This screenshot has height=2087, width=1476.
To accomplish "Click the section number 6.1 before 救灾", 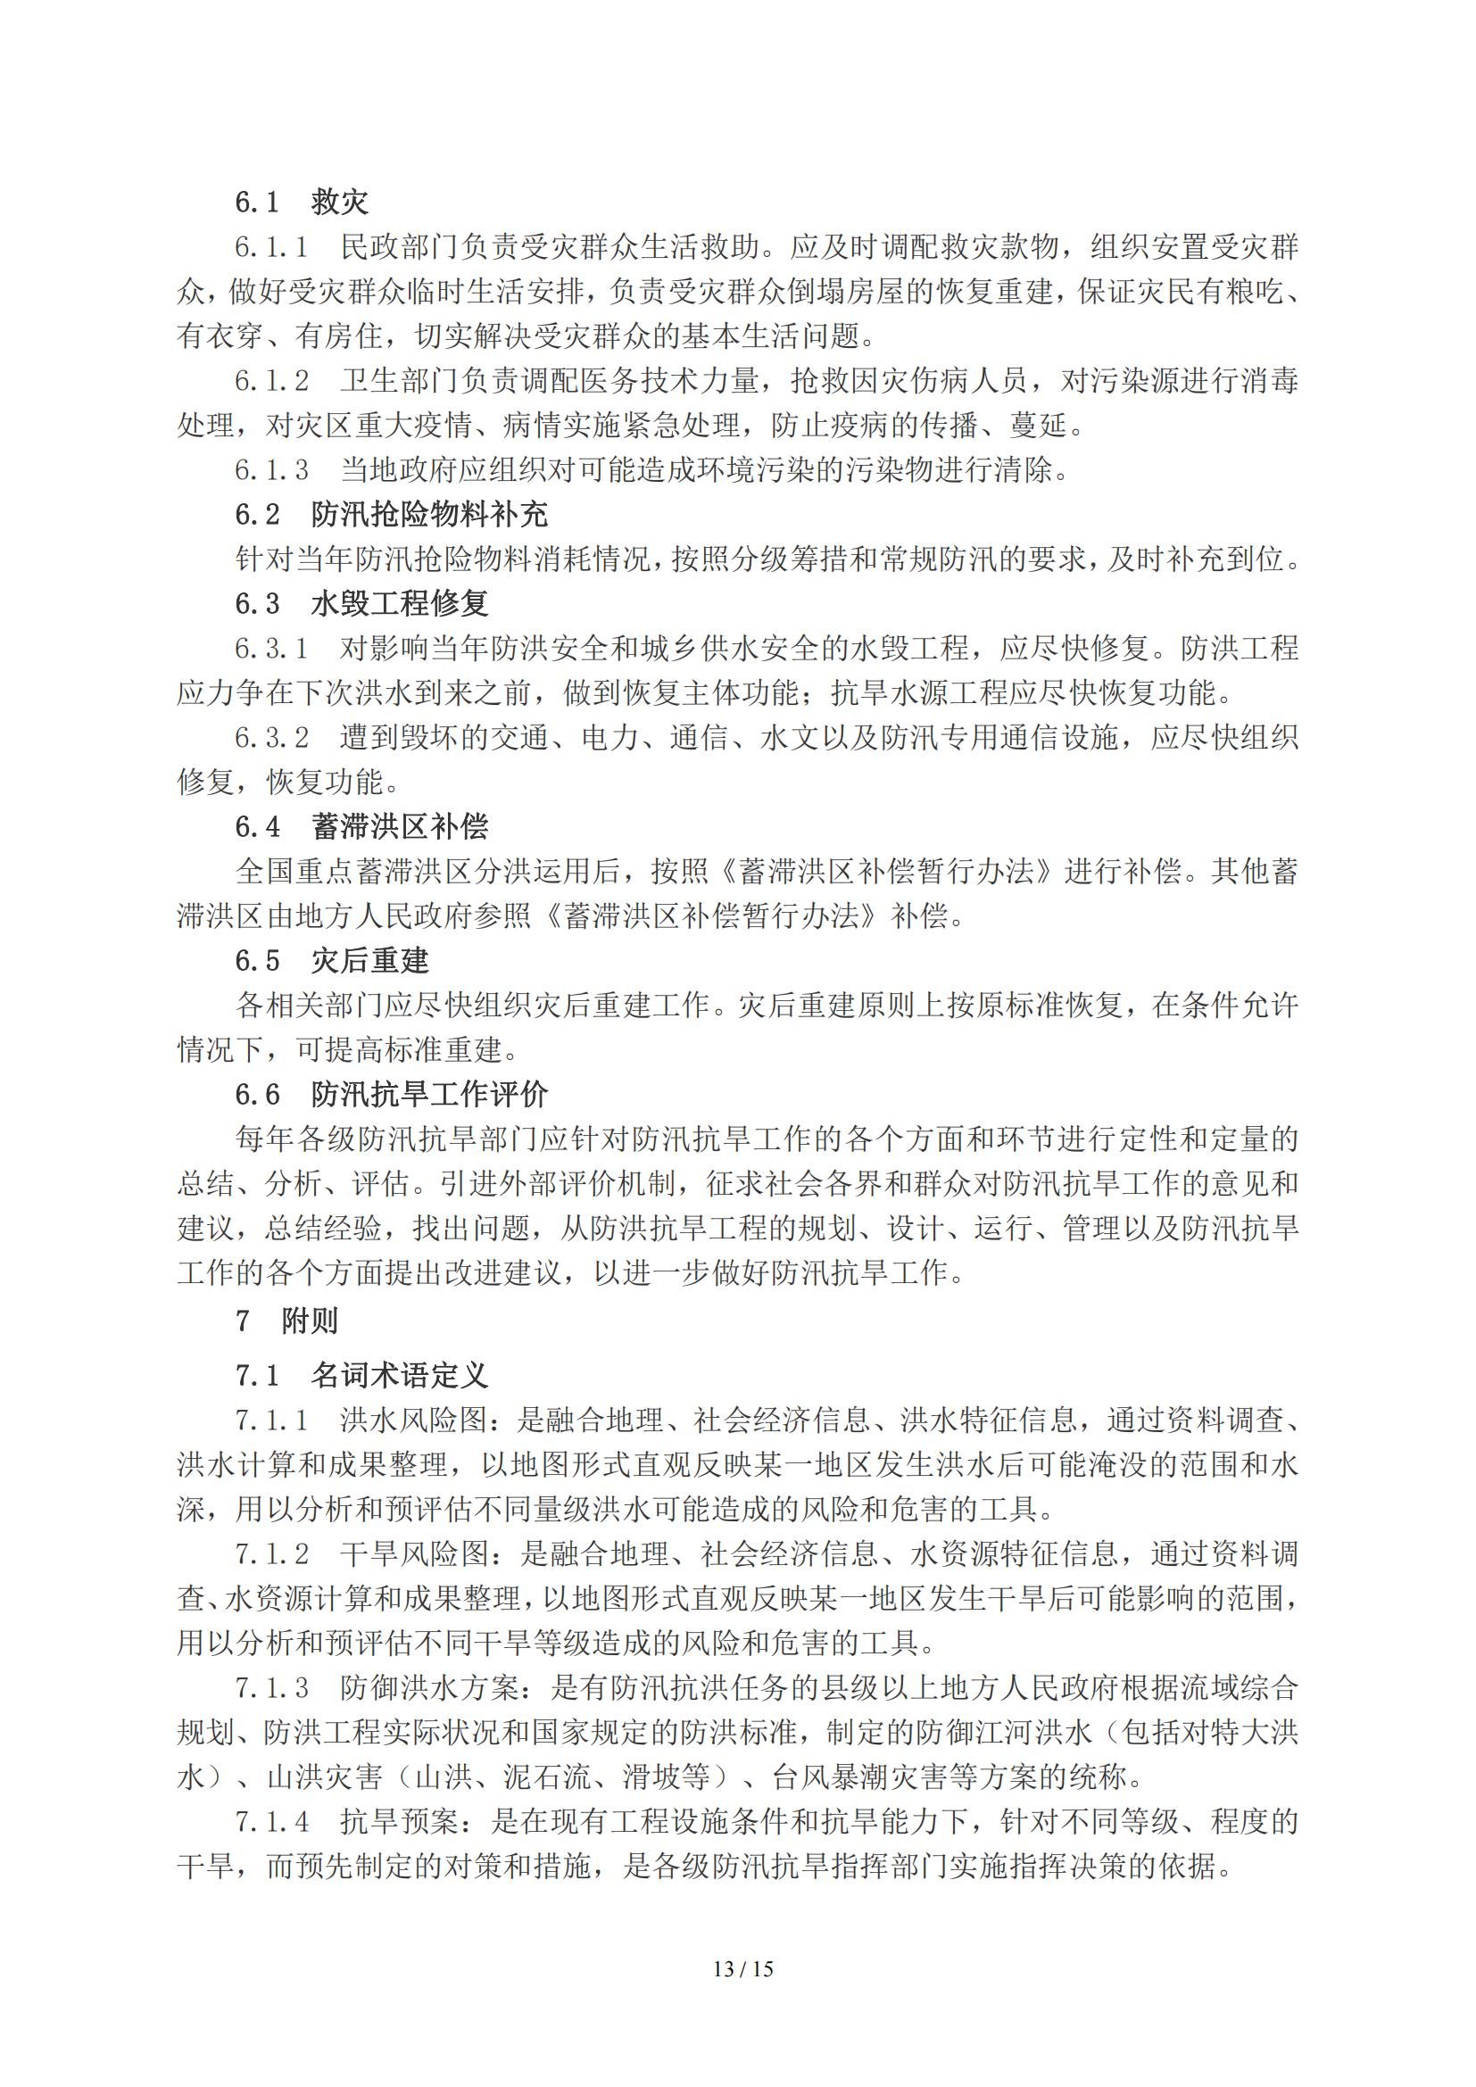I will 256,202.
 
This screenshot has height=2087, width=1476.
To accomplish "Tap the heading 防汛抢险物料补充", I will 429,515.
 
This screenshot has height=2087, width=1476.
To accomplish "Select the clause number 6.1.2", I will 271,381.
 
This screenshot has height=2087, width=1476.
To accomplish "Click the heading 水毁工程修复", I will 399,603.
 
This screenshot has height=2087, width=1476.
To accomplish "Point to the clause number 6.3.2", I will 271,737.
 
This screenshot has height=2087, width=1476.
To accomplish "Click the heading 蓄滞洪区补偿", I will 399,826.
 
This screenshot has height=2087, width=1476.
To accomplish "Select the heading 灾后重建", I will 369,961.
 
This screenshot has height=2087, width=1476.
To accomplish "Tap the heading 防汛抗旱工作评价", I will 429,1095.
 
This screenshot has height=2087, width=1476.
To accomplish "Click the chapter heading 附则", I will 309,1321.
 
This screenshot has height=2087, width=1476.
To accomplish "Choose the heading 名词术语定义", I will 399,1375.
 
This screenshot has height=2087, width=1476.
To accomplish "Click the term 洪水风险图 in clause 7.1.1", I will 413,1420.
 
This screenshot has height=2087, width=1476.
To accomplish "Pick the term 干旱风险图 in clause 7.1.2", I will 413,1553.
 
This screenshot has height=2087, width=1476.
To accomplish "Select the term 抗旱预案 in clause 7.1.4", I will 399,1822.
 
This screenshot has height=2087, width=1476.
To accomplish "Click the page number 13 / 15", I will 742,1969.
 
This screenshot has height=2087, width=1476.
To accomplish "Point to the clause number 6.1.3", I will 271,470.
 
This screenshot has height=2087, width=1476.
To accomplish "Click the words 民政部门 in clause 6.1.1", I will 399,247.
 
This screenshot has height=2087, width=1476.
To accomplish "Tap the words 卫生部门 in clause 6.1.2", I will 399,381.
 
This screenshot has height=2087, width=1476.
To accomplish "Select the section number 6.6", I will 256,1095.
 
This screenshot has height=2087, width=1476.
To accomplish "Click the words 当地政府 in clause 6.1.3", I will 399,470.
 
